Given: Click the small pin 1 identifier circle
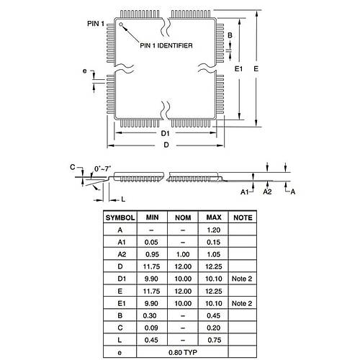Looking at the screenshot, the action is coord(121,24).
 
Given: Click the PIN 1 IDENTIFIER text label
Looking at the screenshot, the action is coord(166,45).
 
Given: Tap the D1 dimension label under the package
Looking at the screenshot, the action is coord(165,133).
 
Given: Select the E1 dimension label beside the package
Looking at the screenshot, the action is coord(238,69).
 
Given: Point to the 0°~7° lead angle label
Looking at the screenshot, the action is coord(103,168).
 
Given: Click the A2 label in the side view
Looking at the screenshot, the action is coord(267,192).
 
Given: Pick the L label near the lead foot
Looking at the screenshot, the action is coord(123,199).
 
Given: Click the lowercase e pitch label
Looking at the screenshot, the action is coord(84,71).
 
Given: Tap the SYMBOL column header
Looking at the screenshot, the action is coord(120,217).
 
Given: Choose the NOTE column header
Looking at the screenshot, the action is coord(243,217).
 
